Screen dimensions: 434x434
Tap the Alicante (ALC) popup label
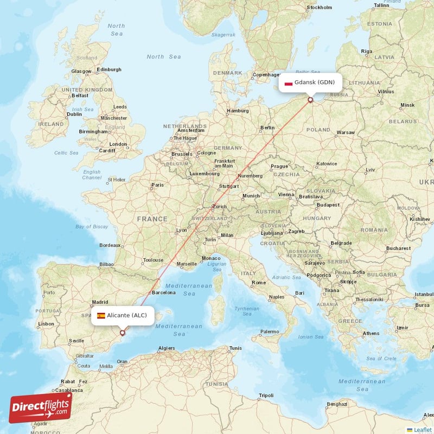pyautogui.click(x=123, y=315)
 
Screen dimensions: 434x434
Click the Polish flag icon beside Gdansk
pyautogui.click(x=289, y=83)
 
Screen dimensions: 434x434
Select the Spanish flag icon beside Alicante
pyautogui.click(x=101, y=315)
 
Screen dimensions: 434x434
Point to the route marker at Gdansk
pyautogui.click(x=310, y=99)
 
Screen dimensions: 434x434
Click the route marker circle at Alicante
pyautogui.click(x=123, y=333)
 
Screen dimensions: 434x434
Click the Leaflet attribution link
pyautogui.click(x=422, y=430)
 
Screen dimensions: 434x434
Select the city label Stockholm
pyautogui.click(x=319, y=8)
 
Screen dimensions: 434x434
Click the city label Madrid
pyautogui.click(x=100, y=302)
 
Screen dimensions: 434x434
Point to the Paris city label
pyautogui.click(x=158, y=185)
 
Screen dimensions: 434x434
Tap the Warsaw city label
pyautogui.click(x=346, y=132)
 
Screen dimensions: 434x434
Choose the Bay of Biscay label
pyautogui.click(x=92, y=226)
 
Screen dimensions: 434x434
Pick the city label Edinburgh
pyautogui.click(x=108, y=69)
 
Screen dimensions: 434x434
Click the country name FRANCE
pyautogui.click(x=152, y=219)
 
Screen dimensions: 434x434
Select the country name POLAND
pyautogui.click(x=318, y=130)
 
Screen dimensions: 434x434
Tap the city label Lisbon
pyautogui.click(x=46, y=324)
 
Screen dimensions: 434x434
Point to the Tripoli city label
pyautogui.click(x=266, y=395)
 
